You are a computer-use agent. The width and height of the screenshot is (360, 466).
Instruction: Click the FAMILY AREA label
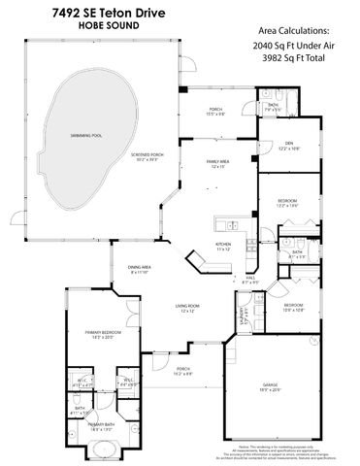tap(218, 163)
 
